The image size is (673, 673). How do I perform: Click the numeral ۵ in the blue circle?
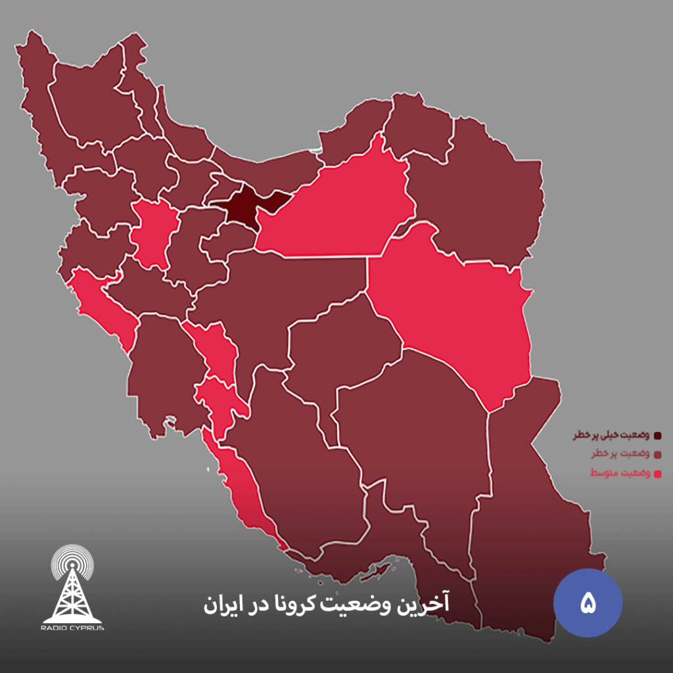tap(588, 603)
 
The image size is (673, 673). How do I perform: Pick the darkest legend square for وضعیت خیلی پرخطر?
tap(657, 435)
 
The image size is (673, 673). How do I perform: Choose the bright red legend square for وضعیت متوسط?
tap(657, 473)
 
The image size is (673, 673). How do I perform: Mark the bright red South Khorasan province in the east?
tap(453, 309)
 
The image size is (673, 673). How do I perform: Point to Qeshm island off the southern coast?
tap(381, 563)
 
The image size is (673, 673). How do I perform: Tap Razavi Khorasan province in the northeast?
tap(486, 191)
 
